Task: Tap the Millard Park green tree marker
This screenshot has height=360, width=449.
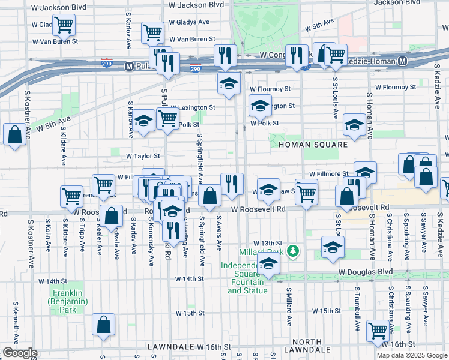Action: pyautogui.click(x=292, y=251)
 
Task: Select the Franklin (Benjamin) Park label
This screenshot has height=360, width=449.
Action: pyautogui.click(x=63, y=299)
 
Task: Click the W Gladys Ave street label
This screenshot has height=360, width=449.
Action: pyautogui.click(x=189, y=22)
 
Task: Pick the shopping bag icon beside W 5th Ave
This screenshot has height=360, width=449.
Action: pyautogui.click(x=14, y=134)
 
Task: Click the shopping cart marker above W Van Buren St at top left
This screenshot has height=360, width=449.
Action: pyautogui.click(x=63, y=25)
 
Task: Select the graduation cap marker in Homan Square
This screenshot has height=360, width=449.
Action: pyautogui.click(x=354, y=125)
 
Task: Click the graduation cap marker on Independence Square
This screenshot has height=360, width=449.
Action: pyautogui.click(x=268, y=264)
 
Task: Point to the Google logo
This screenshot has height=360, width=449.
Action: pyautogui.click(x=20, y=353)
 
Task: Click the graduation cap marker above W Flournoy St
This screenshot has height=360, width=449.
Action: pyautogui.click(x=228, y=84)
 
